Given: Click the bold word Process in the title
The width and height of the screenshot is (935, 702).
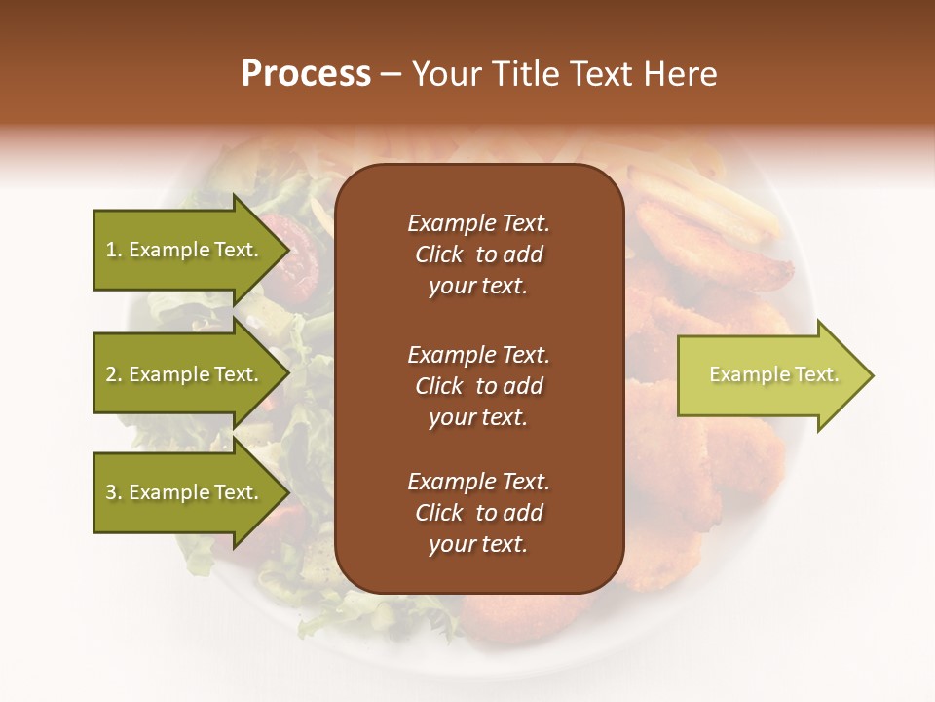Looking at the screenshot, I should click(306, 74).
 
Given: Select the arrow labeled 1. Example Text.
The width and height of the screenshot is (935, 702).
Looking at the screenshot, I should click(185, 250).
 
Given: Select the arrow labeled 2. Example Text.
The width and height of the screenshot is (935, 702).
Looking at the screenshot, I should click(185, 374).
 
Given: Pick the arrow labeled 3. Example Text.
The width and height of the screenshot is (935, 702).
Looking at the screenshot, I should click(185, 492).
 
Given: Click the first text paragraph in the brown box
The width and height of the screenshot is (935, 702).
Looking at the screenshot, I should click(478, 254).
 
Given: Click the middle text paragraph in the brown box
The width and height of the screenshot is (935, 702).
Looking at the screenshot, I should click(478, 386).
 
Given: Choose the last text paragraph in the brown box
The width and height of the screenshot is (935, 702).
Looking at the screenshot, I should click(478, 513).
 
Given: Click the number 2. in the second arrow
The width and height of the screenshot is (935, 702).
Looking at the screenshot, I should click(114, 374).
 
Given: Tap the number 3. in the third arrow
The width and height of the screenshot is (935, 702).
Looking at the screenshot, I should click(114, 492).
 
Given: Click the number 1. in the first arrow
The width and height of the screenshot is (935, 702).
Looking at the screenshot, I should click(114, 250).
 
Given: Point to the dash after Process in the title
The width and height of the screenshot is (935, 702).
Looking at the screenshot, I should click(392, 75).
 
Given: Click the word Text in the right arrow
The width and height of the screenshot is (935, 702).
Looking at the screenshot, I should click(816, 374).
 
